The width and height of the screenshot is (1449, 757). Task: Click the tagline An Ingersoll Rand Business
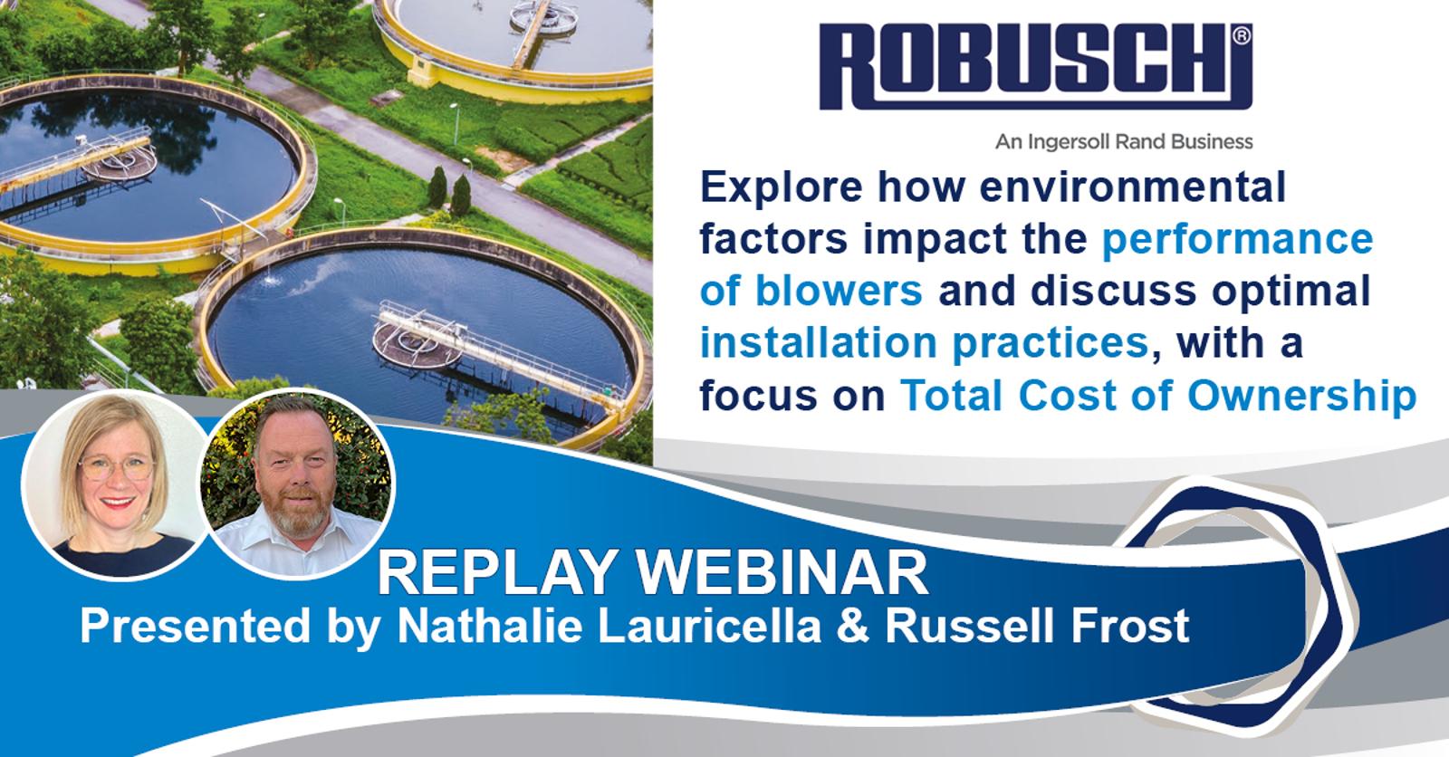pos(1124,141)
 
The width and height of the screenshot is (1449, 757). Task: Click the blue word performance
pos(1236,240)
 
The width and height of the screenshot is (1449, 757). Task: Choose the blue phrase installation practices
pos(924,344)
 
